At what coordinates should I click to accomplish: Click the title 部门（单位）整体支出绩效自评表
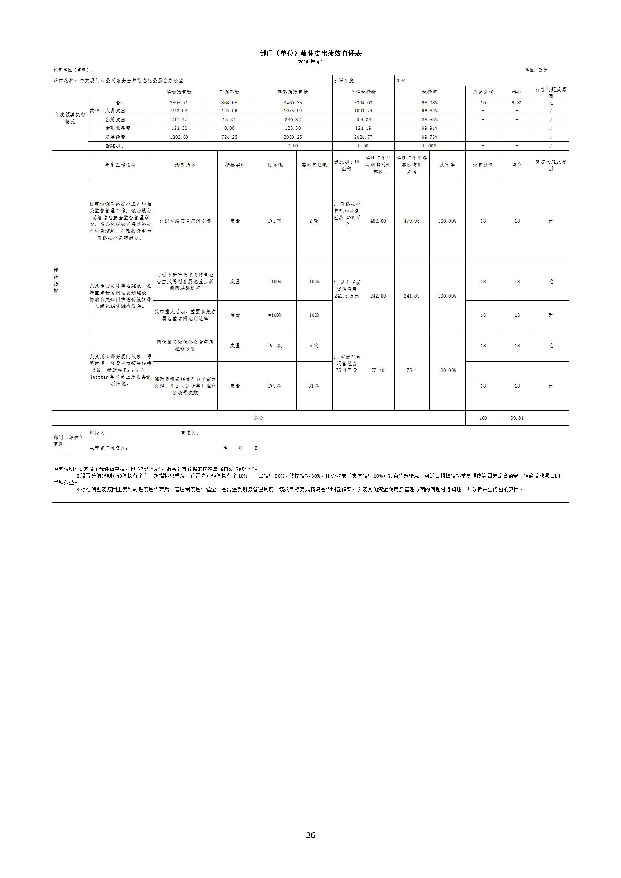pyautogui.click(x=310, y=53)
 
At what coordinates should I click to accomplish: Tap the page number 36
pyautogui.click(x=310, y=835)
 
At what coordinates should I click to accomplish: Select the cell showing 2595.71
pyautogui.click(x=179, y=103)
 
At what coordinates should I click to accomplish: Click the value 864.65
pyautogui.click(x=229, y=103)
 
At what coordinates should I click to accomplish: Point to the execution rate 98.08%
pyautogui.click(x=430, y=103)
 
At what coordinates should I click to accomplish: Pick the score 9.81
pyautogui.click(x=517, y=103)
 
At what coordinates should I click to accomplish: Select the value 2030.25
pyautogui.click(x=293, y=137)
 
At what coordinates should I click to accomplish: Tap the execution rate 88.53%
pyautogui.click(x=430, y=120)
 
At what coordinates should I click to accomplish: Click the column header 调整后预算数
pyautogui.click(x=293, y=92)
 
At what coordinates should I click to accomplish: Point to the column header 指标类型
pyautogui.click(x=235, y=165)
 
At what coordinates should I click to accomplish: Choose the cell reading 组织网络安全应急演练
pyautogui.click(x=185, y=221)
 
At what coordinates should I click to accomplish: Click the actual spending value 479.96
pyautogui.click(x=412, y=221)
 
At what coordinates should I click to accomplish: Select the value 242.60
pyautogui.click(x=378, y=296)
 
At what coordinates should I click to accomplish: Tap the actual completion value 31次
pyautogui.click(x=314, y=386)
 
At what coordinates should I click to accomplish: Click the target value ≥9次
pyautogui.click(x=275, y=386)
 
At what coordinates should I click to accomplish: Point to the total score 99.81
pyautogui.click(x=517, y=418)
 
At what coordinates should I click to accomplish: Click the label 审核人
pyautogui.click(x=189, y=433)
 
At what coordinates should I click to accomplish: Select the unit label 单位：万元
pyautogui.click(x=536, y=70)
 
